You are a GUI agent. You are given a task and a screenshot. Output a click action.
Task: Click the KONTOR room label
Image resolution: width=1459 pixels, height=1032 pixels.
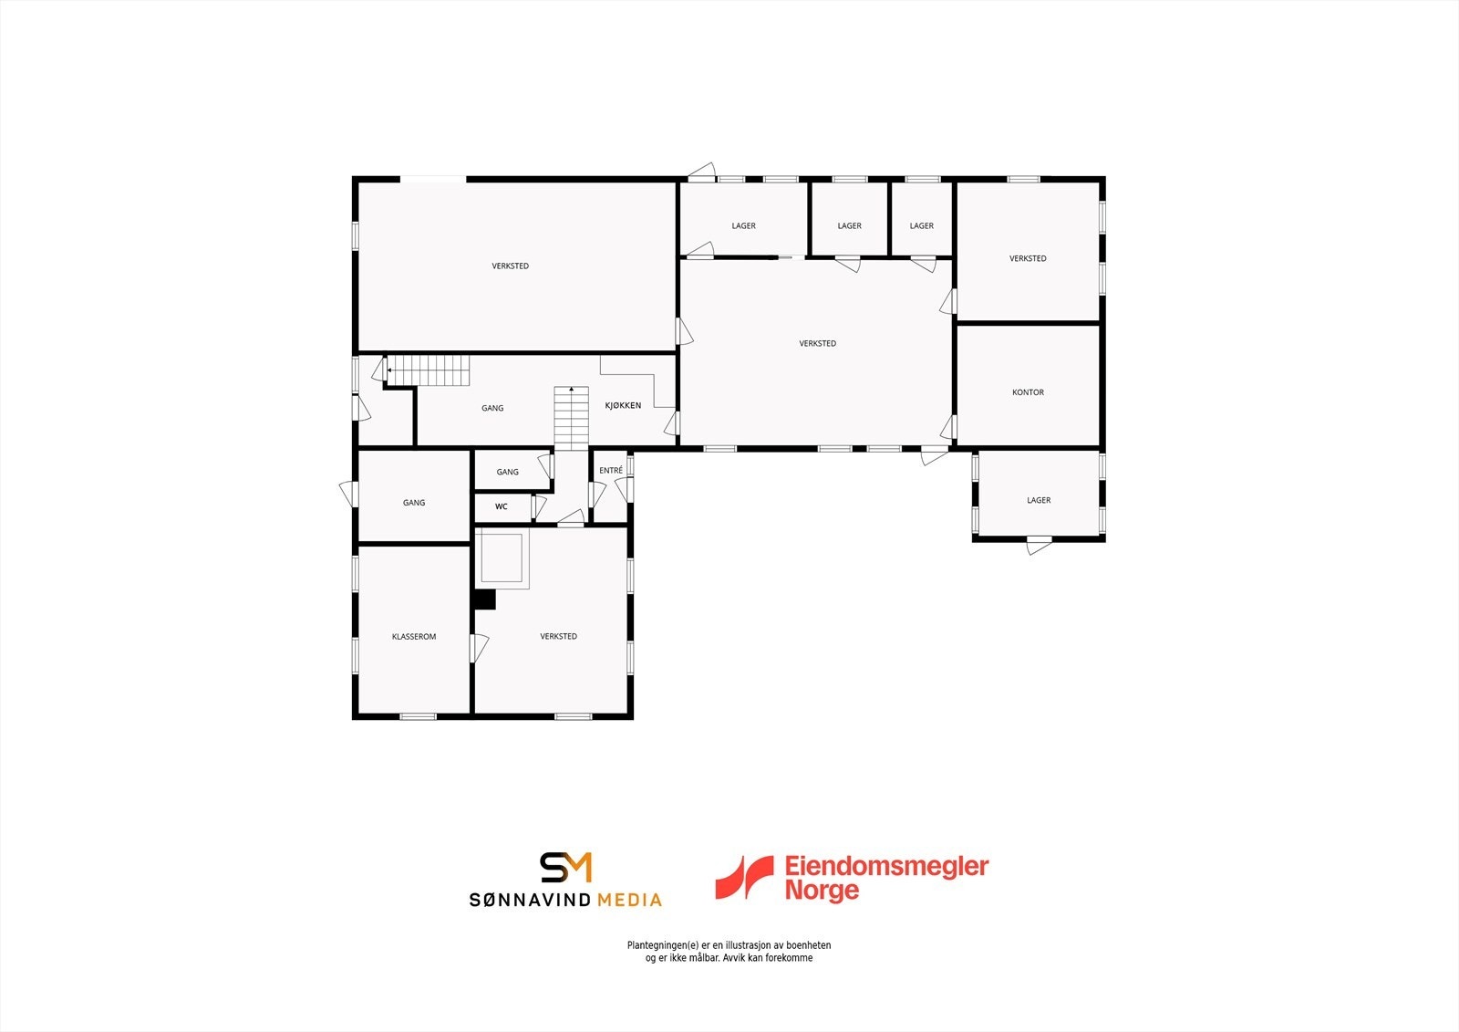(1028, 392)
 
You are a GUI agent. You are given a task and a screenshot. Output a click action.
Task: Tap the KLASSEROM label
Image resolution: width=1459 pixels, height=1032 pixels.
(414, 637)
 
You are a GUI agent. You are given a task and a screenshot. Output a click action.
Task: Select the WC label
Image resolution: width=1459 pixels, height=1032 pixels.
(501, 506)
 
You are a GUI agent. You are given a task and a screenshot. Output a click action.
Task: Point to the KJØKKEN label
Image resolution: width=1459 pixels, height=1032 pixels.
(623, 405)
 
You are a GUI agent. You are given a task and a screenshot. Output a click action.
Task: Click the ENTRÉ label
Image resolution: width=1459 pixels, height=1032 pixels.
(611, 471)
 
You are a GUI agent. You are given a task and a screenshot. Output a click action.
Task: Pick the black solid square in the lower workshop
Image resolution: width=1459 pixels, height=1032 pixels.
(484, 599)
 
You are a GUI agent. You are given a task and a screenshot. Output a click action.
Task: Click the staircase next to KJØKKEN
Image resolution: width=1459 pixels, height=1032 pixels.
(571, 418)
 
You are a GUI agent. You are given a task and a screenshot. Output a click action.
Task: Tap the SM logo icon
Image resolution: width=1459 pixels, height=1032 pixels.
(565, 868)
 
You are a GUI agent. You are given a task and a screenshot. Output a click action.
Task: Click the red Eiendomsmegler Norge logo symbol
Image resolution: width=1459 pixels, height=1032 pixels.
(742, 877)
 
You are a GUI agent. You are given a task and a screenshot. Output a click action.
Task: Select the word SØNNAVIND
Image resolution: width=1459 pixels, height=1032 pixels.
(529, 901)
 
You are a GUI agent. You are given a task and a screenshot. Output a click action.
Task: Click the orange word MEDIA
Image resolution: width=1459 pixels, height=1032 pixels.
(629, 901)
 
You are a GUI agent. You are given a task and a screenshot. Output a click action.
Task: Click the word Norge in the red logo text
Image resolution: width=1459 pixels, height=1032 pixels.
(822, 891)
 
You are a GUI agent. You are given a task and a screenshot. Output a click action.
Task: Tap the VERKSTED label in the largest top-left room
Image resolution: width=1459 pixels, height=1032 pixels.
(510, 266)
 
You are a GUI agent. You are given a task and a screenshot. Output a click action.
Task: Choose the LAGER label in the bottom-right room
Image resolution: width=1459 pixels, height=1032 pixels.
(1039, 500)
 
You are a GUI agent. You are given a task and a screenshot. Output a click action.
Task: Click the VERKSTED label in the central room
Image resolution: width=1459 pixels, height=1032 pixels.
(817, 344)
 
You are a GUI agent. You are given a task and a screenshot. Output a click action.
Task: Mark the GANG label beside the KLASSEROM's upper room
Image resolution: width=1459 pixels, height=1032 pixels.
(414, 503)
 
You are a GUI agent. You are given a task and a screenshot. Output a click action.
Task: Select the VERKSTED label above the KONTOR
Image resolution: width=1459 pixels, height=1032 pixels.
(1028, 259)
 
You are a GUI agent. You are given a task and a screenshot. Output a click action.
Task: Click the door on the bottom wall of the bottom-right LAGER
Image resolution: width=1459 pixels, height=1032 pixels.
(1039, 546)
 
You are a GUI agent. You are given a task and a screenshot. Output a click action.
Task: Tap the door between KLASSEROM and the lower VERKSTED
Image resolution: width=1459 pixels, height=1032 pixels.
(477, 648)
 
